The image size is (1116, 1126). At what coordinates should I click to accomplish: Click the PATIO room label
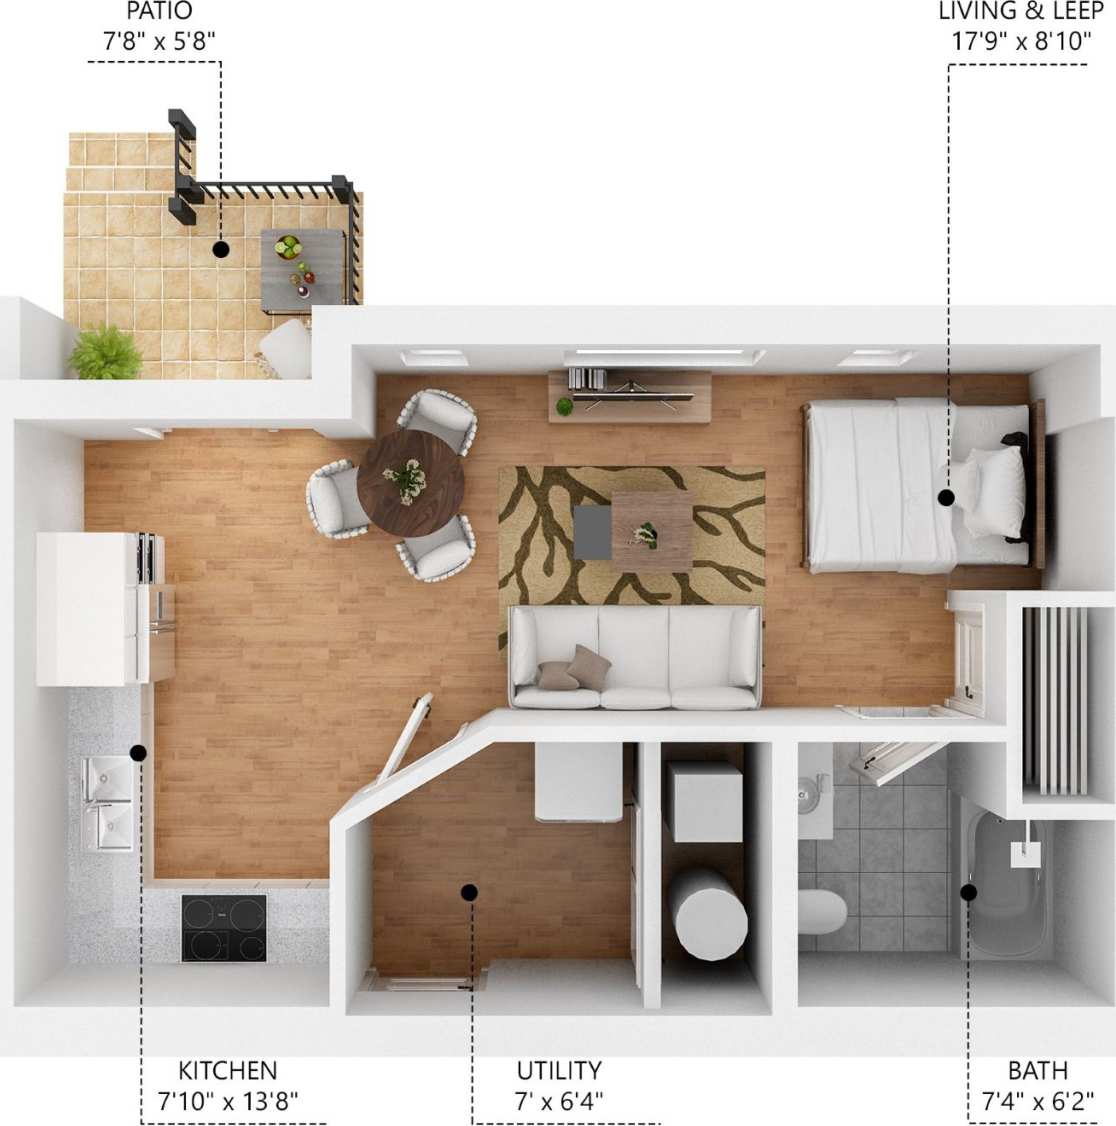(x=159, y=12)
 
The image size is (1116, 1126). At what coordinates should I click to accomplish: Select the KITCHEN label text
(x=227, y=1070)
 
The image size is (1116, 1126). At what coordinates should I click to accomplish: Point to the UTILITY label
(x=559, y=1070)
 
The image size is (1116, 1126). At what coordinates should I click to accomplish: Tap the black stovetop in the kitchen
(x=224, y=928)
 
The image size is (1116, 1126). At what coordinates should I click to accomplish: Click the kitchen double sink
(x=107, y=803)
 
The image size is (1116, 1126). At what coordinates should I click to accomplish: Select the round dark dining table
(x=410, y=484)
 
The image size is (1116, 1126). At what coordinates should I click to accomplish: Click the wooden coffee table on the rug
(x=651, y=531)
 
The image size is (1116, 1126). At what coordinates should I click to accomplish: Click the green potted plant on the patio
(x=105, y=353)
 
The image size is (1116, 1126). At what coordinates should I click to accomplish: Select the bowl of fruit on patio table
(x=288, y=246)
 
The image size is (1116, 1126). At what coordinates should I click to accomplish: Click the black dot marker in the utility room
(x=469, y=891)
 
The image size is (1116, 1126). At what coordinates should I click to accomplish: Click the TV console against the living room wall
(x=630, y=394)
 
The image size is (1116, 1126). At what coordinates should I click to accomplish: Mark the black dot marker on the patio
(x=220, y=248)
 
